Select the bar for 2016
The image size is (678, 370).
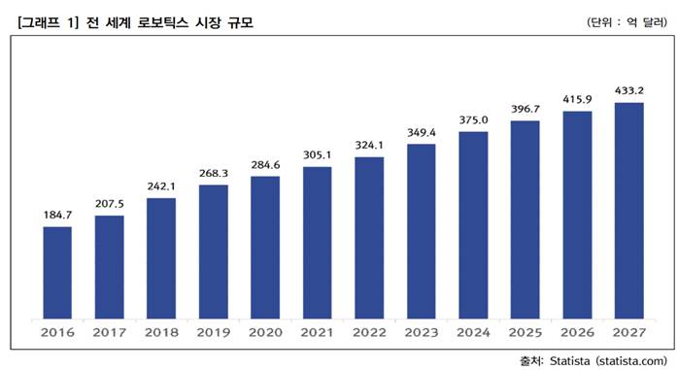point(57,272)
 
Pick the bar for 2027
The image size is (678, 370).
point(628,210)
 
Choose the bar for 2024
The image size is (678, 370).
point(473,224)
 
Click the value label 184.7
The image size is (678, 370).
point(57,214)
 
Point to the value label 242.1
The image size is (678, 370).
point(161,185)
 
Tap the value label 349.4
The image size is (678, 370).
point(421,131)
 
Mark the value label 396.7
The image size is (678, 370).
point(525,108)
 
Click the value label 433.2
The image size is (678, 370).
point(628,89)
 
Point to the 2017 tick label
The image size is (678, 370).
point(109,333)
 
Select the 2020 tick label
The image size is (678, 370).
point(265,333)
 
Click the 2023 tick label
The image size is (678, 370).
point(421,333)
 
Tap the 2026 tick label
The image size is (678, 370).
point(577,333)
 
